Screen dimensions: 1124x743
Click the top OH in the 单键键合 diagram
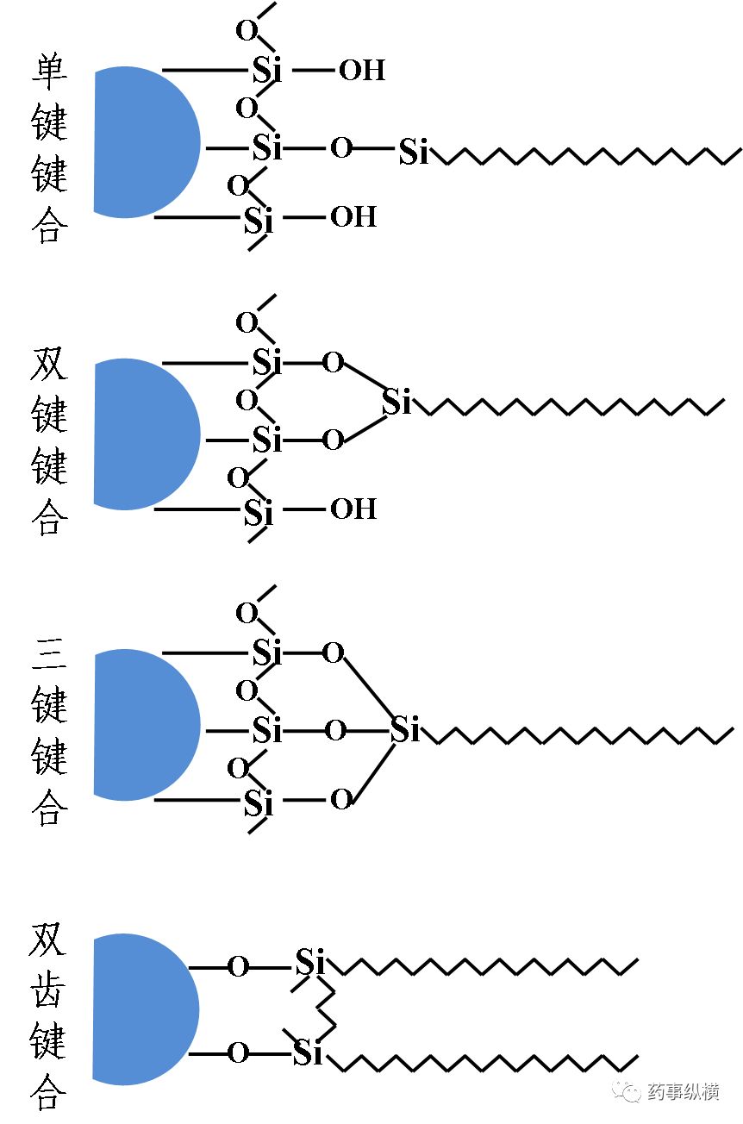361,71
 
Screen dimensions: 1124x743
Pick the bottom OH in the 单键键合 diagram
353,216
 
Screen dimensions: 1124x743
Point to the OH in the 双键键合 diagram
353,509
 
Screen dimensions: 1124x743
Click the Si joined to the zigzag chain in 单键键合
414,153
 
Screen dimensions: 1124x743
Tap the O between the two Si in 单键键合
341,148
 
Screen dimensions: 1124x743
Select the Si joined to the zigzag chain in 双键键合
396,403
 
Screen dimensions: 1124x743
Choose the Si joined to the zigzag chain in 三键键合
405,730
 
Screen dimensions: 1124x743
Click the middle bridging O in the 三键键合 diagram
335,732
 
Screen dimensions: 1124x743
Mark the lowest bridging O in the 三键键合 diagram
341,800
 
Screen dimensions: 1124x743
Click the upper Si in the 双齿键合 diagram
310,962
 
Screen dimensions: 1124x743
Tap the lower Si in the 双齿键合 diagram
307,1052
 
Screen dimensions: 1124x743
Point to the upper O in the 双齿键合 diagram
238,967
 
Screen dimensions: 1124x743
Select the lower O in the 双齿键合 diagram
238,1052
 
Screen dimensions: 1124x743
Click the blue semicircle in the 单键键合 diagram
142,142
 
